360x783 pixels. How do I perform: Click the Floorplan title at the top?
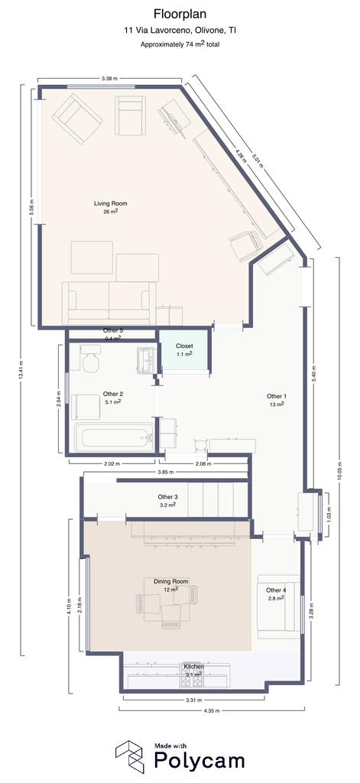180,14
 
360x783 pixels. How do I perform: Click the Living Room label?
110,203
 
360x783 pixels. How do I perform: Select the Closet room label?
183,346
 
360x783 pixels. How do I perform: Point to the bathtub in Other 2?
115,437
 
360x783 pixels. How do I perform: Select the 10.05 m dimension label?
339,469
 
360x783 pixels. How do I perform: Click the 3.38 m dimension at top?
109,78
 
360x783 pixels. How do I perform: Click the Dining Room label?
170,581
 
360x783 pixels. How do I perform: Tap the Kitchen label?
193,667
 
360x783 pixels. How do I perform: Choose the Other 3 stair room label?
167,497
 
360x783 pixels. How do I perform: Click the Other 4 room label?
276,590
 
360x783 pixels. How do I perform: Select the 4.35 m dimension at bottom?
211,710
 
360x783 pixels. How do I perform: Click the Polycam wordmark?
199,760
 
